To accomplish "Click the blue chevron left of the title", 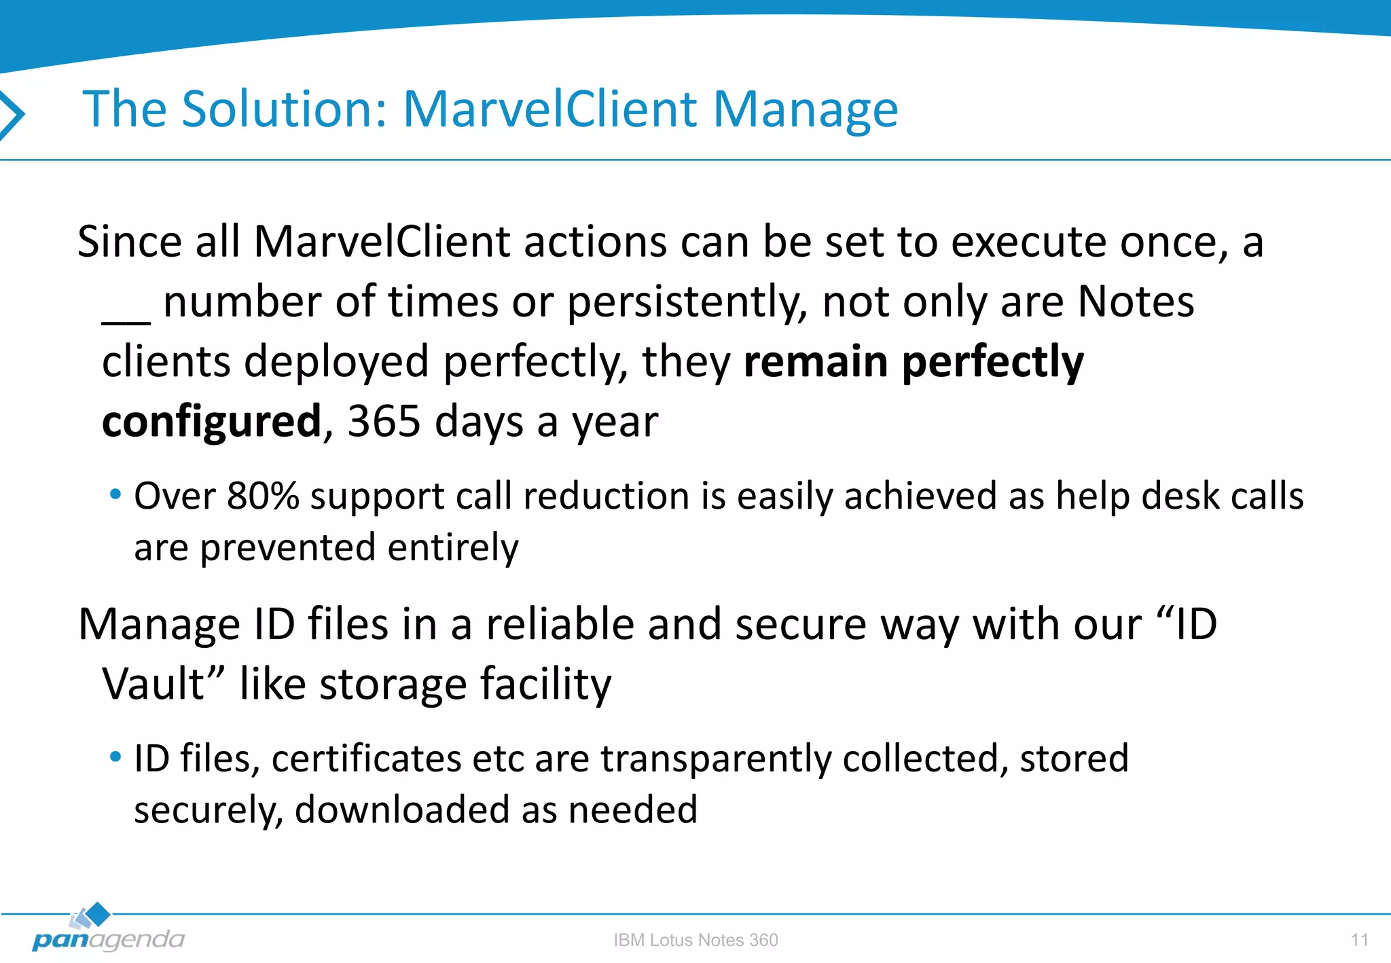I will pos(12,114).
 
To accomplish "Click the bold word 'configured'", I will pos(211,421).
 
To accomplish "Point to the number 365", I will pos(384,421).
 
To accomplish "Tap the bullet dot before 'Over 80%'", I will pos(115,494).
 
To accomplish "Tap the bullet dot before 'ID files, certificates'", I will pos(115,756).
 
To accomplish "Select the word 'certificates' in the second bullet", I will pos(366,758).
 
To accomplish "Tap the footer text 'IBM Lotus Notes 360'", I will pos(695,940).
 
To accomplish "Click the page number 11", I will pos(1359,940).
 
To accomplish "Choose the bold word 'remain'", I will pos(815,361).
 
